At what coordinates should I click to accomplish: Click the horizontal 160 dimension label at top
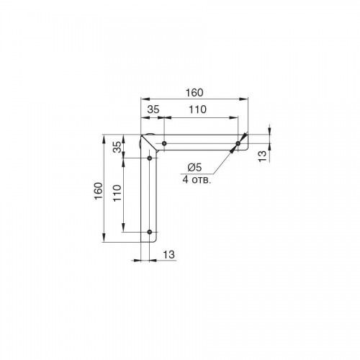(194, 93)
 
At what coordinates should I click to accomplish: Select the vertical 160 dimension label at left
(99, 191)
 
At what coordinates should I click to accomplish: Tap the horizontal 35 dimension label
(153, 109)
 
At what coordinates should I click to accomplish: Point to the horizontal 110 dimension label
(197, 109)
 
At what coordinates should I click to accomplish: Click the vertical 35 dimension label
(117, 147)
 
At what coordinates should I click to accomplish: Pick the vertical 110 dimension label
(117, 193)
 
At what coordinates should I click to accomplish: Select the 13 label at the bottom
(169, 255)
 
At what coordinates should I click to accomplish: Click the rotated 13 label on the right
(263, 156)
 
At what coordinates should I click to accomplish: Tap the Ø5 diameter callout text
(195, 167)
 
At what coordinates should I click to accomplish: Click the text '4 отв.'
(197, 179)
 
